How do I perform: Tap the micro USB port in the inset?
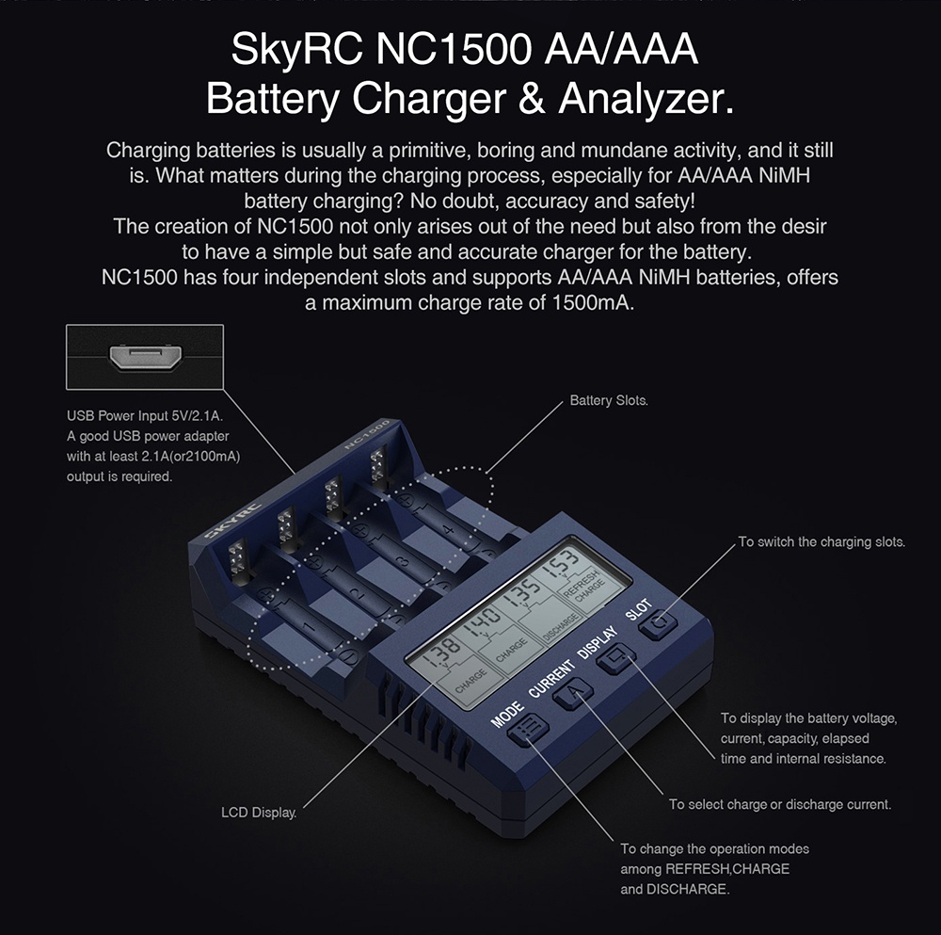145,358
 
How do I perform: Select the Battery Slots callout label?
608,401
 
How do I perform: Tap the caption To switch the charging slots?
821,542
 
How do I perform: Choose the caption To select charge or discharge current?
779,804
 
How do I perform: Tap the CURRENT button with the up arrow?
574,695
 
